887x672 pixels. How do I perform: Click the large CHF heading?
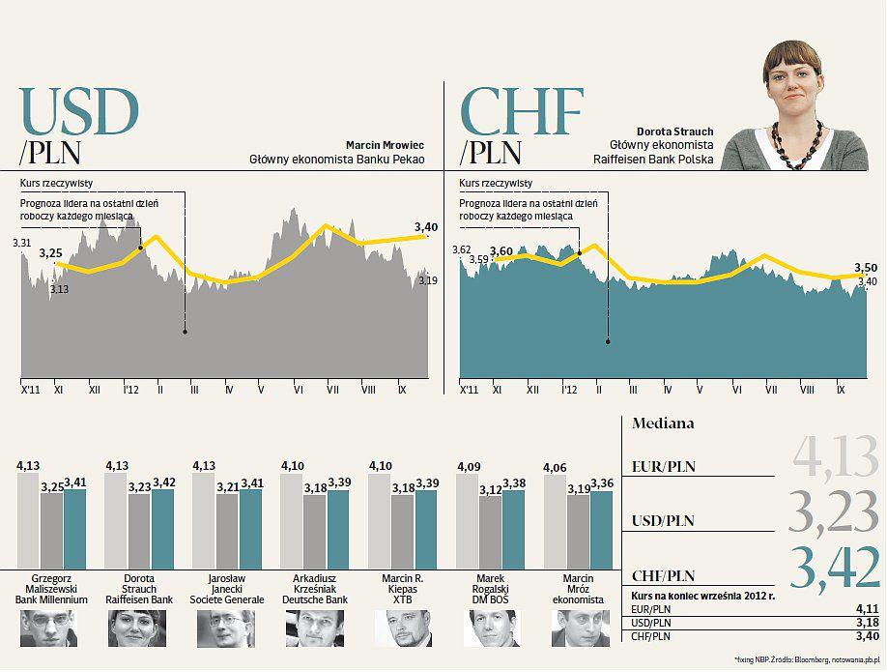coord(523,112)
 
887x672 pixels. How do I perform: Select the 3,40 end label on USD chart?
coord(426,227)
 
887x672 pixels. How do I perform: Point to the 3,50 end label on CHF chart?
coord(866,268)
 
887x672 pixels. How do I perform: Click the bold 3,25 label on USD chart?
coord(50,252)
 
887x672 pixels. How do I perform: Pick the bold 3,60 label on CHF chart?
coord(501,251)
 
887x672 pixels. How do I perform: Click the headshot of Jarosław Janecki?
coord(219,628)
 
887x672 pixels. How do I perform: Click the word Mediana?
coord(663,424)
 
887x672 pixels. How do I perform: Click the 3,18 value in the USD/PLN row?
coord(867,623)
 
